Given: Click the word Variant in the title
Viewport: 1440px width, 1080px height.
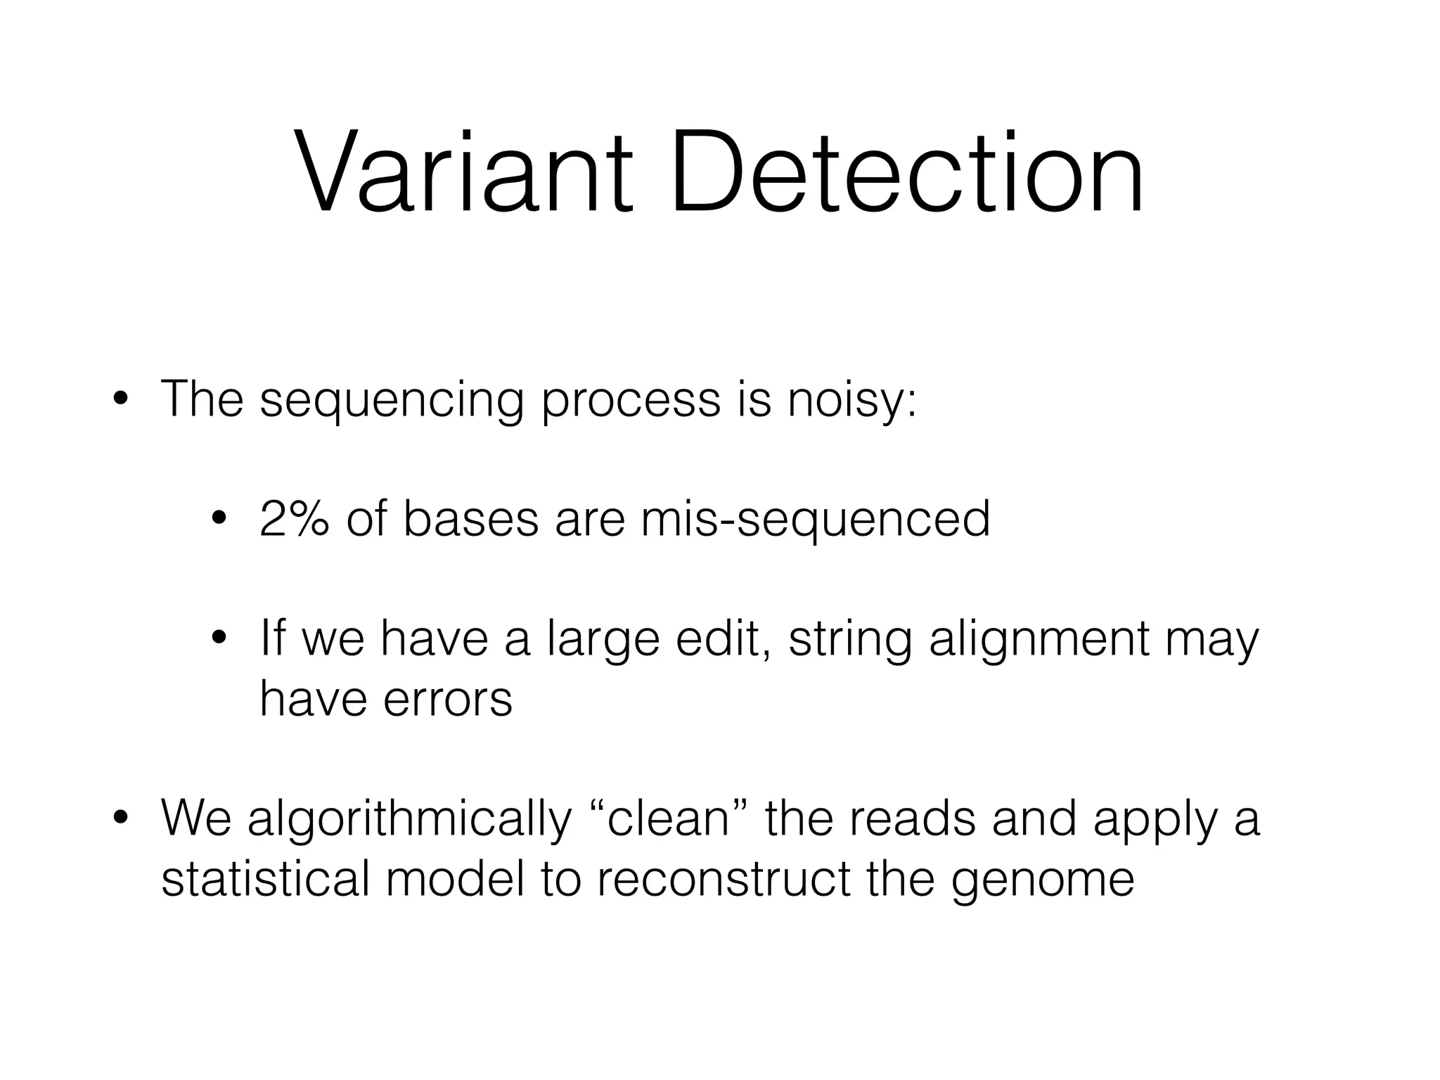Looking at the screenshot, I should pyautogui.click(x=464, y=172).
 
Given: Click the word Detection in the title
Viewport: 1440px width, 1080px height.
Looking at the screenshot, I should pyautogui.click(x=907, y=172).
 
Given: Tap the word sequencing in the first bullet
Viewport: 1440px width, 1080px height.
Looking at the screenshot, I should pyautogui.click(x=392, y=401).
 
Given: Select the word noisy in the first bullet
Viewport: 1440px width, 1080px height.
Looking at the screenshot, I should pyautogui.click(x=851, y=401).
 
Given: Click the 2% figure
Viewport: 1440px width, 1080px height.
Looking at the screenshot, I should pyautogui.click(x=294, y=519).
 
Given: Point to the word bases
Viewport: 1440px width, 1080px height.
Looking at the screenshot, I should pyautogui.click(x=470, y=519).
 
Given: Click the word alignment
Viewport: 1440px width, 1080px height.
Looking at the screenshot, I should pyautogui.click(x=1038, y=640).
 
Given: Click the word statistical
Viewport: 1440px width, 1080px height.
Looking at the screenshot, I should pyautogui.click(x=265, y=879).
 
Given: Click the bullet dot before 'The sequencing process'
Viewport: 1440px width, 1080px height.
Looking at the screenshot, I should pyautogui.click(x=120, y=399).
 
